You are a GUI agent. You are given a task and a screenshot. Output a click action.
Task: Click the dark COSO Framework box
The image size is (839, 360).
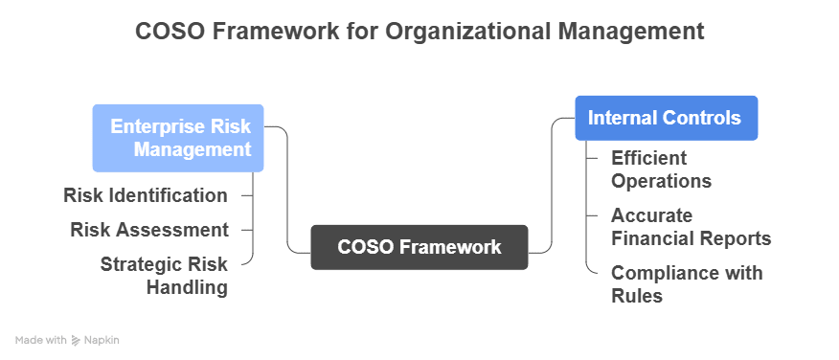pyautogui.click(x=419, y=247)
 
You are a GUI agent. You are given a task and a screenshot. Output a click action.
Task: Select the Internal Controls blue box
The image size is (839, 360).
pyautogui.click(x=666, y=118)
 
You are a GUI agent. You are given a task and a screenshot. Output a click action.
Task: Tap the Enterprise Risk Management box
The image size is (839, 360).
pyautogui.click(x=178, y=138)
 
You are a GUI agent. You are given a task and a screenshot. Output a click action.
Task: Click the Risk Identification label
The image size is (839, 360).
pyautogui.click(x=146, y=195)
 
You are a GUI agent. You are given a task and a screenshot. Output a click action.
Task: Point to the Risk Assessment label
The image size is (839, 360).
pyautogui.click(x=149, y=230)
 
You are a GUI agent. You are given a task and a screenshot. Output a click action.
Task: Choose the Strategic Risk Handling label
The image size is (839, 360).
pyautogui.click(x=164, y=275)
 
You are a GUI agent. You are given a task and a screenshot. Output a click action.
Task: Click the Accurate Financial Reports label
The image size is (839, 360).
pyautogui.click(x=691, y=227)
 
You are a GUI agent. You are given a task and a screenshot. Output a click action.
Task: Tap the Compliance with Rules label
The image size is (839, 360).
pyautogui.click(x=687, y=284)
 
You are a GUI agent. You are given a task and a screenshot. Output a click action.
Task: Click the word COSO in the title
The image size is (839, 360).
pyautogui.click(x=170, y=32)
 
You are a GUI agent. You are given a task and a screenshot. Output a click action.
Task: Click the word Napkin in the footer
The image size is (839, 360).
pyautogui.click(x=102, y=340)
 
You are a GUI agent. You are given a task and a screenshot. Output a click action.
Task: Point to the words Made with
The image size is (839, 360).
pyautogui.click(x=41, y=340)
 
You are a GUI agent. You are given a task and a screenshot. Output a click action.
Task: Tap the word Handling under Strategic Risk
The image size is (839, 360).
pyautogui.click(x=187, y=286)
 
